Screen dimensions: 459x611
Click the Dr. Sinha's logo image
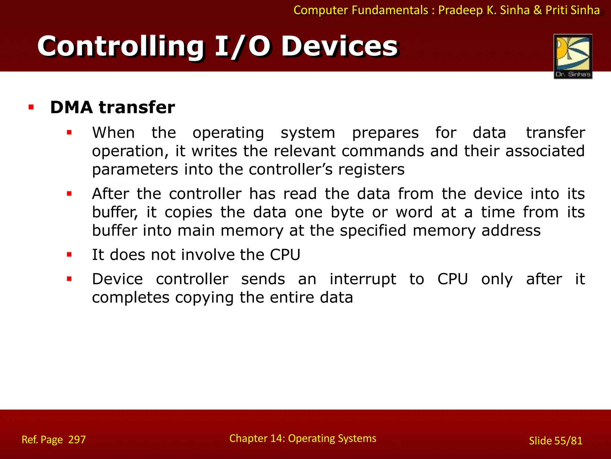pyautogui.click(x=573, y=56)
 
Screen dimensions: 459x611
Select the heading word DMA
pyautogui.click(x=71, y=107)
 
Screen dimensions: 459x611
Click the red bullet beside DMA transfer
pyautogui.click(x=31, y=107)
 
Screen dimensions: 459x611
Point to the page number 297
pyautogui.click(x=77, y=440)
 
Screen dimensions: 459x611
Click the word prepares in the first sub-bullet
pyautogui.click(x=385, y=133)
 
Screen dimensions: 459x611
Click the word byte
pyautogui.click(x=347, y=212)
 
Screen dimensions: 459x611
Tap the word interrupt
pyautogui.click(x=363, y=279)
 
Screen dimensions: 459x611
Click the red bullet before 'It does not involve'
pyautogui.click(x=69, y=255)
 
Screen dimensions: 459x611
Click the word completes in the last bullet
pyautogui.click(x=130, y=298)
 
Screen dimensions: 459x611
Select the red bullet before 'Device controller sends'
pyautogui.click(x=69, y=279)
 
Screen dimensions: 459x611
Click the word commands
pyautogui.click(x=383, y=151)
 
